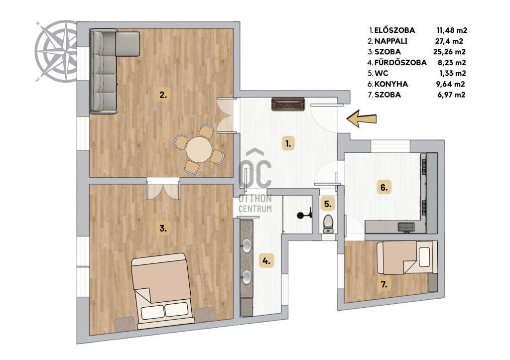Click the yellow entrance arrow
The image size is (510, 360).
[x=362, y=119]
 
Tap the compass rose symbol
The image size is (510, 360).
[x=55, y=51]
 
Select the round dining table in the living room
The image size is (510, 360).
[x=199, y=149]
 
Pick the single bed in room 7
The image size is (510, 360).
[x=407, y=257]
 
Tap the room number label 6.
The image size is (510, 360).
[x=384, y=188]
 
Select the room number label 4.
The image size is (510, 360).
[x=266, y=260]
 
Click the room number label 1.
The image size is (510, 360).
[x=288, y=143]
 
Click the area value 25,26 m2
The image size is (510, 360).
[x=449, y=52]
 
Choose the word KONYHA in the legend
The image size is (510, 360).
[x=391, y=84]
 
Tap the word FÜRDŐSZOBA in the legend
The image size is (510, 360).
[x=400, y=62]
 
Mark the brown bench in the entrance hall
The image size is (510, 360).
[x=288, y=105]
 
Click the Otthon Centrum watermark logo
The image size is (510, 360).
[x=255, y=180]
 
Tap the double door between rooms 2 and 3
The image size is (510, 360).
[x=163, y=189]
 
